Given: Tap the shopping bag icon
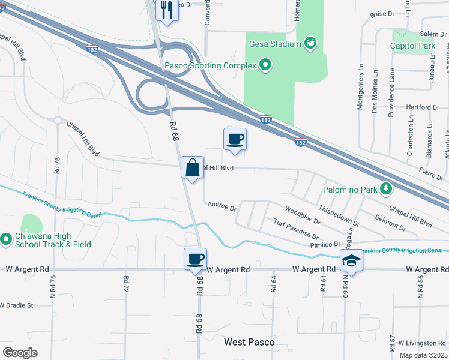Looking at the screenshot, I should click(193, 167).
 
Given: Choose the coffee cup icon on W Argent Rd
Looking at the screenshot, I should click(195, 259).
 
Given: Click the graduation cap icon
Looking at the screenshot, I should click(351, 260).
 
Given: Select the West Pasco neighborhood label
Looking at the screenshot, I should click(249, 342).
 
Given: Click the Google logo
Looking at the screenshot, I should click(19, 353).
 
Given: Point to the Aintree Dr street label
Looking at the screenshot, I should click(222, 205).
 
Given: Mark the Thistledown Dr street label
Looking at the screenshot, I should click(339, 215).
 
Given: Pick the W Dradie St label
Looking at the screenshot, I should click(25, 305).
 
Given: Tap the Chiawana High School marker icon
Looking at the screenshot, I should click(6, 239).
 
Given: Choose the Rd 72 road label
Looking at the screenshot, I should click(127, 284).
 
